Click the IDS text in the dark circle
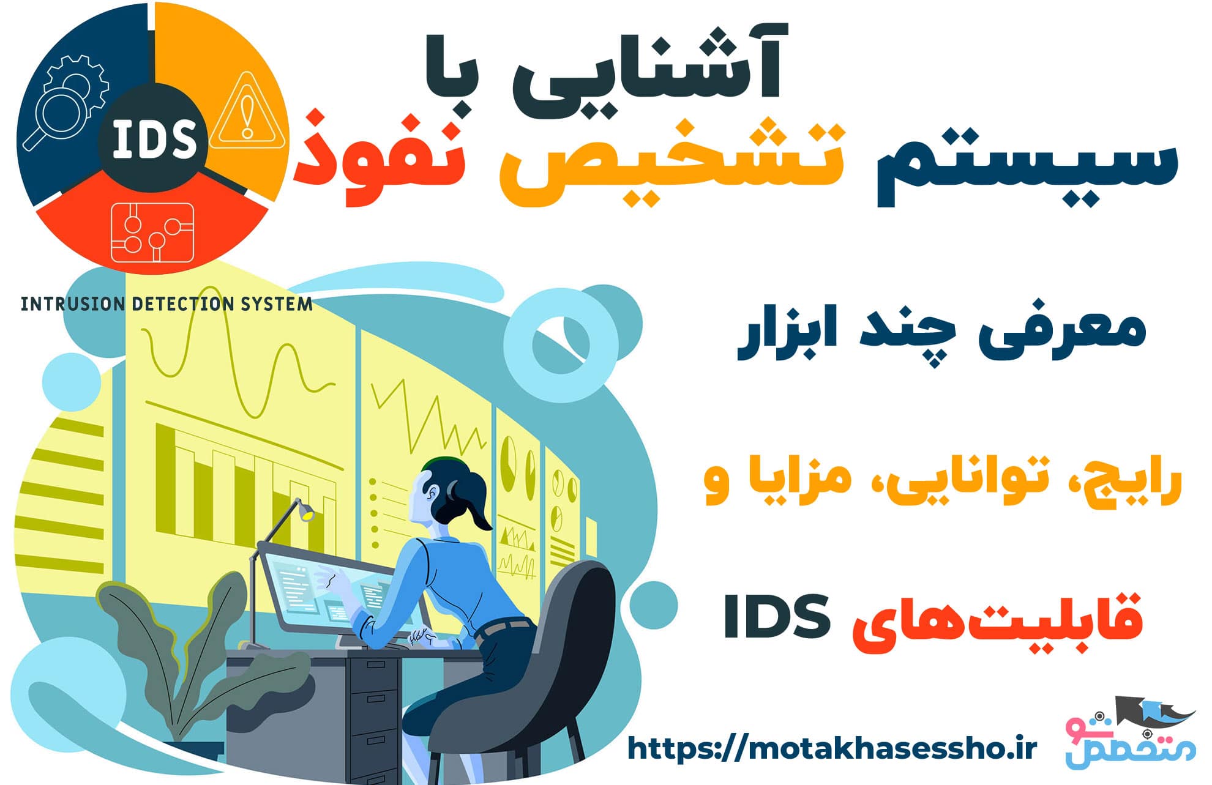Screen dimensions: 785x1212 154,139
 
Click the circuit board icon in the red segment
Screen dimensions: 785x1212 152,233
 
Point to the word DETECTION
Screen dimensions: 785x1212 182,304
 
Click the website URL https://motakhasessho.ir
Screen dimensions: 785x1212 832,748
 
